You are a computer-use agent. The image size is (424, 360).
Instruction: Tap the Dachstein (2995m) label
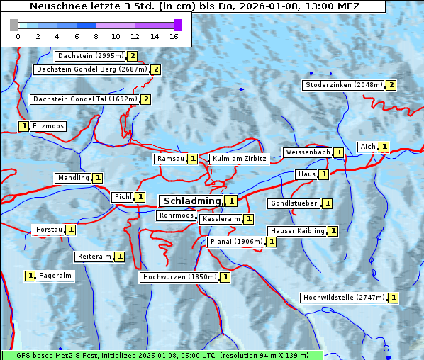(x=90, y=56)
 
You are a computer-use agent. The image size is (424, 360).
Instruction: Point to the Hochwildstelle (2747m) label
(x=344, y=298)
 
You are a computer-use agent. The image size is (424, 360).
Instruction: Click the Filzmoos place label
(x=48, y=126)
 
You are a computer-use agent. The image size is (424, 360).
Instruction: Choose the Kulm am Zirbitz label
(x=239, y=159)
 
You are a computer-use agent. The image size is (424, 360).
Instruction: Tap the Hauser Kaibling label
(x=296, y=231)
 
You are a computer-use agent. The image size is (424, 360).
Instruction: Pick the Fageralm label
(x=55, y=276)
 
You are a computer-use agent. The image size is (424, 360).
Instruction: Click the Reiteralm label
(x=94, y=257)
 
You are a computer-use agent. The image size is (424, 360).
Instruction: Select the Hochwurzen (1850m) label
(x=179, y=277)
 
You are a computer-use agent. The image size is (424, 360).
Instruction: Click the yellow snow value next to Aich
(x=384, y=147)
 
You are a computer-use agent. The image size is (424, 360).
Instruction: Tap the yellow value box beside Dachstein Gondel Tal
(x=145, y=99)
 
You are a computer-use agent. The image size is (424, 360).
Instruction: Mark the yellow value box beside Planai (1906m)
(x=271, y=242)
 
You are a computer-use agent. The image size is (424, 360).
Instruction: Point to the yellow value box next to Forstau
(x=71, y=230)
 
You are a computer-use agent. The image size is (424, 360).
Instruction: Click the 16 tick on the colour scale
(x=174, y=36)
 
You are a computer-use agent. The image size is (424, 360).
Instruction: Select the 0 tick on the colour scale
(x=18, y=36)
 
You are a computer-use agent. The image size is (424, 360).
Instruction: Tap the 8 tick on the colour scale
(x=96, y=36)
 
